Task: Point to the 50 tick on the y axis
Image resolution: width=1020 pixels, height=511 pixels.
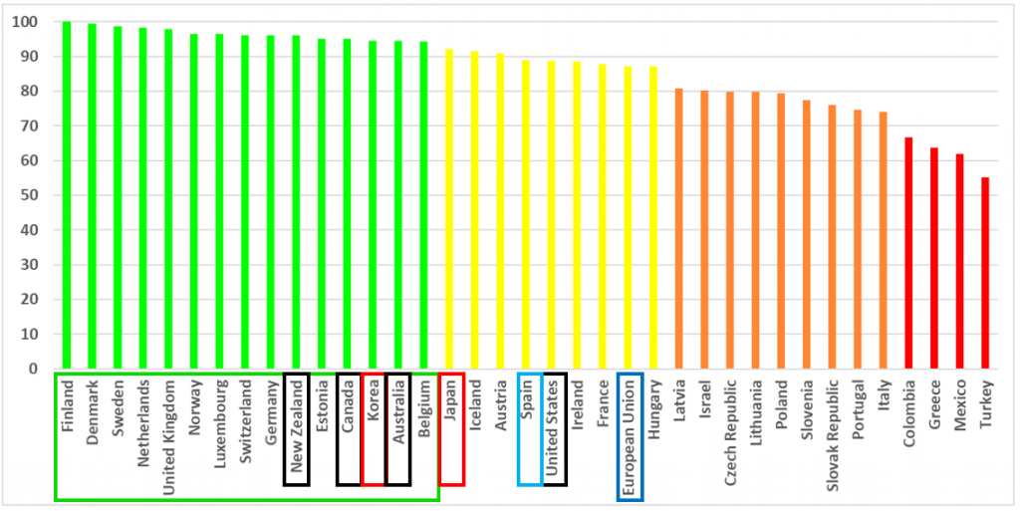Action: pyautogui.click(x=31, y=195)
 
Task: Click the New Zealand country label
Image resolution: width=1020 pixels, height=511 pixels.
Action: pyautogui.click(x=296, y=428)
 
